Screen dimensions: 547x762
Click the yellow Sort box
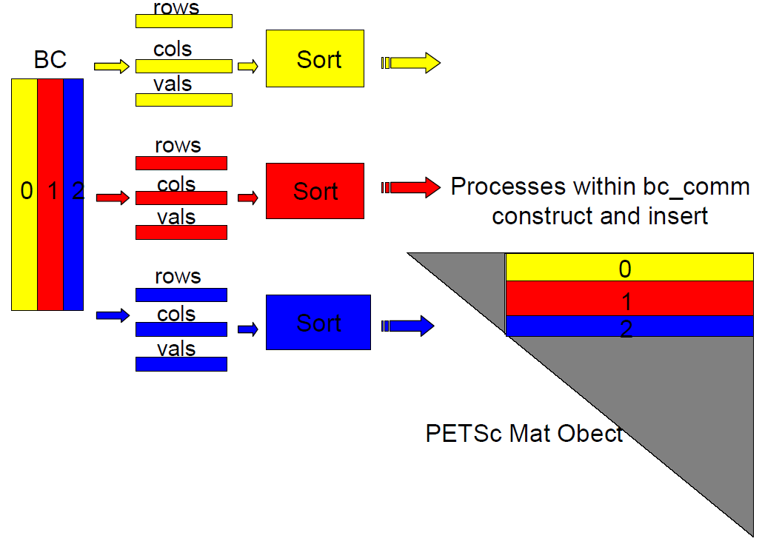click(x=315, y=58)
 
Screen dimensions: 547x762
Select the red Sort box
click(x=315, y=191)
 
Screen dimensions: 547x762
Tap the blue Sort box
click(x=318, y=323)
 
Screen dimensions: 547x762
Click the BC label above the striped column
click(x=50, y=60)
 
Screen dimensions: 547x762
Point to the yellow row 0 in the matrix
click(x=629, y=267)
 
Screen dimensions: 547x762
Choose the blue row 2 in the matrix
click(x=629, y=326)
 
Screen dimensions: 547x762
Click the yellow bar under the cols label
click(x=184, y=67)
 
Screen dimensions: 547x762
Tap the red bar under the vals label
click(x=181, y=232)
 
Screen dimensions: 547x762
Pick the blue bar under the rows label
click(x=181, y=295)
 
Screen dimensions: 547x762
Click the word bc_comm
click(x=697, y=187)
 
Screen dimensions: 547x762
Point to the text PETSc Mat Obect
click(x=524, y=433)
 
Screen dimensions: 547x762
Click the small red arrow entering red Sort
click(x=248, y=198)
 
